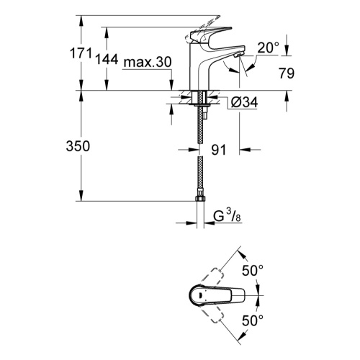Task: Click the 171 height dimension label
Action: click(81, 53)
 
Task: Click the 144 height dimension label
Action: click(107, 59)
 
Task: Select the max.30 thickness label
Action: click(148, 62)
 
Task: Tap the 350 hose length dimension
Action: click(78, 146)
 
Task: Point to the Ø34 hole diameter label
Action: click(244, 102)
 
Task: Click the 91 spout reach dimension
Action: click(219, 150)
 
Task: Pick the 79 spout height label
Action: click(287, 73)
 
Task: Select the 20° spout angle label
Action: click(269, 48)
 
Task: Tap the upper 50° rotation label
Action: click(253, 271)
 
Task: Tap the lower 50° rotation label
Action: click(253, 320)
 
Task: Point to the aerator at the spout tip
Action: click(238, 55)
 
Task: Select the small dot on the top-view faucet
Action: click(200, 295)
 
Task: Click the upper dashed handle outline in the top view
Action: click(211, 276)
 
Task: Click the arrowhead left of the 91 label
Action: click(194, 150)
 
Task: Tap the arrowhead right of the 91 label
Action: click(245, 150)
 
